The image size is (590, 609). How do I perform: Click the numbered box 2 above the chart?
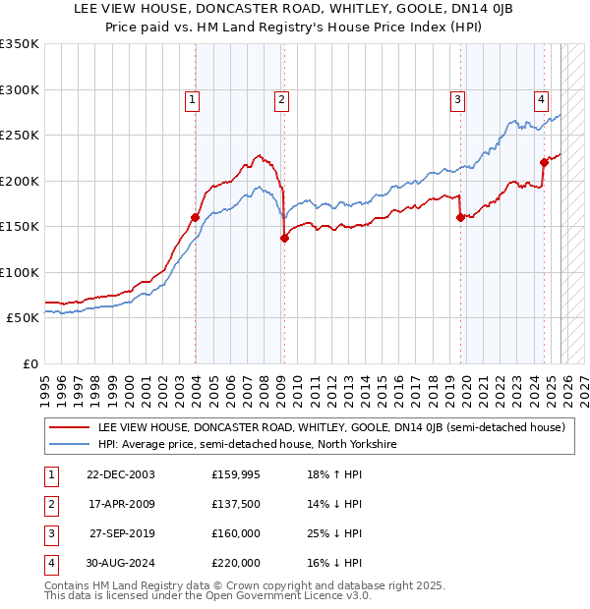point(281,98)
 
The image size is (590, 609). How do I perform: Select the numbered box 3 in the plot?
point(457,98)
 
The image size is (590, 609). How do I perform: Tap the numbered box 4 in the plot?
point(542,98)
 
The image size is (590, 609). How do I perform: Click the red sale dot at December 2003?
point(196,217)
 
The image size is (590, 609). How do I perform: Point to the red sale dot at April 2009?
point(284,238)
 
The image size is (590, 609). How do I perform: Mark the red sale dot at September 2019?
point(460,218)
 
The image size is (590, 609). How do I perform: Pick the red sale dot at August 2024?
point(544,162)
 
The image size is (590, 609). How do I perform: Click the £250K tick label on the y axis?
point(20,136)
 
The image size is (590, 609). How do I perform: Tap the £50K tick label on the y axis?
point(23,318)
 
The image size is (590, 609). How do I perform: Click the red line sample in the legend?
point(69,428)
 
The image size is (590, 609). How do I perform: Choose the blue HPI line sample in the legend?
point(69,444)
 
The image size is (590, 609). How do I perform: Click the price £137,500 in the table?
point(236,504)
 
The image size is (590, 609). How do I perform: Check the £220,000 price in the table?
point(236,563)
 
